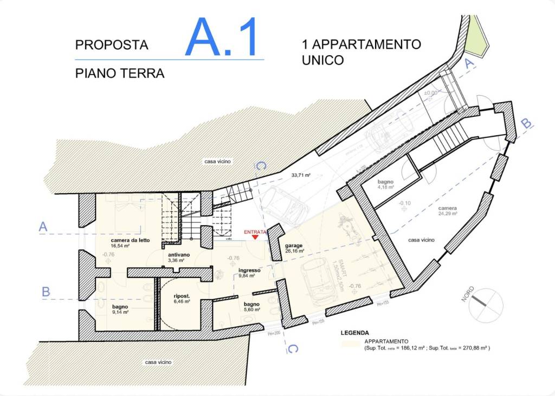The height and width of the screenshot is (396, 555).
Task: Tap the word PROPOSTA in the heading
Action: click(x=112, y=45)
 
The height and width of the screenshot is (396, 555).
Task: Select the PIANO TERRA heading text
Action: click(x=119, y=73)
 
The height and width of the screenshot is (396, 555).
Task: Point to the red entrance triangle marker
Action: click(x=255, y=237)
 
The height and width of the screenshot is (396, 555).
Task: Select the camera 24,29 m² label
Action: click(x=448, y=210)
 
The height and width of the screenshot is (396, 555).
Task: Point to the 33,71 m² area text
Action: click(x=300, y=175)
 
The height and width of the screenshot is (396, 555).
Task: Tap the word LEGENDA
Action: click(x=354, y=333)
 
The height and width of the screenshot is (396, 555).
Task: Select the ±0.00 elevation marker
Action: click(x=431, y=93)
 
